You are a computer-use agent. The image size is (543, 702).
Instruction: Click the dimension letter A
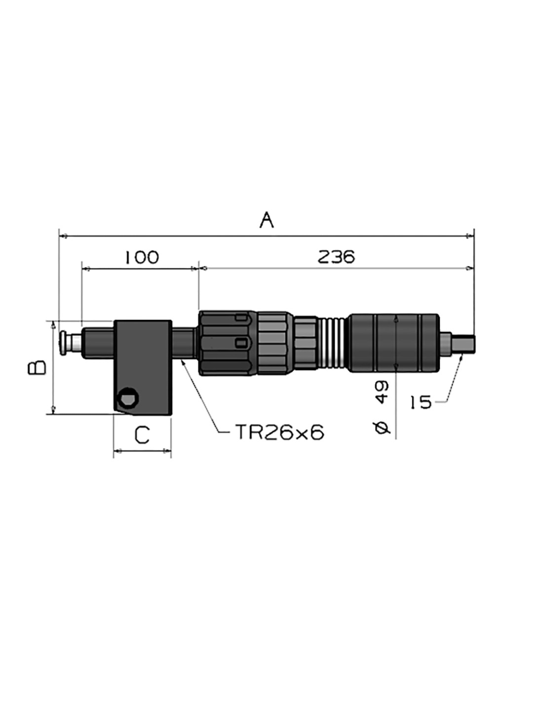tap(267, 220)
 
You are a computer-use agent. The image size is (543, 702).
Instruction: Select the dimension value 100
tap(142, 258)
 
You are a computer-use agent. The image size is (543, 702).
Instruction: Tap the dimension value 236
tap(336, 257)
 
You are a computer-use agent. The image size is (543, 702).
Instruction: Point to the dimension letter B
tap(38, 367)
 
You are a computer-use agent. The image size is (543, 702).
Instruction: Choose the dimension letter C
tap(142, 434)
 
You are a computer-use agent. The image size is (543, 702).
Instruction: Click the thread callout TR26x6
tap(280, 432)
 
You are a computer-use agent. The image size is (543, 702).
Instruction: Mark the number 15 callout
tap(421, 402)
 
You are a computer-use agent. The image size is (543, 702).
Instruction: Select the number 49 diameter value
tap(382, 392)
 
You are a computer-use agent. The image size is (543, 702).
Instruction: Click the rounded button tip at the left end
tap(64, 343)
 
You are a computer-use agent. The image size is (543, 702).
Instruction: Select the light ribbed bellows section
tap(333, 343)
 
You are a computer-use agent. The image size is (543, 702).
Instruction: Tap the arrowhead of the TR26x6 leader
tap(183, 362)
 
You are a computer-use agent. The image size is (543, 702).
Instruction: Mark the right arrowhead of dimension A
tap(469, 236)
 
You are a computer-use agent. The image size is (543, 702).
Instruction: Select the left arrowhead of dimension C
tap(118, 450)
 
